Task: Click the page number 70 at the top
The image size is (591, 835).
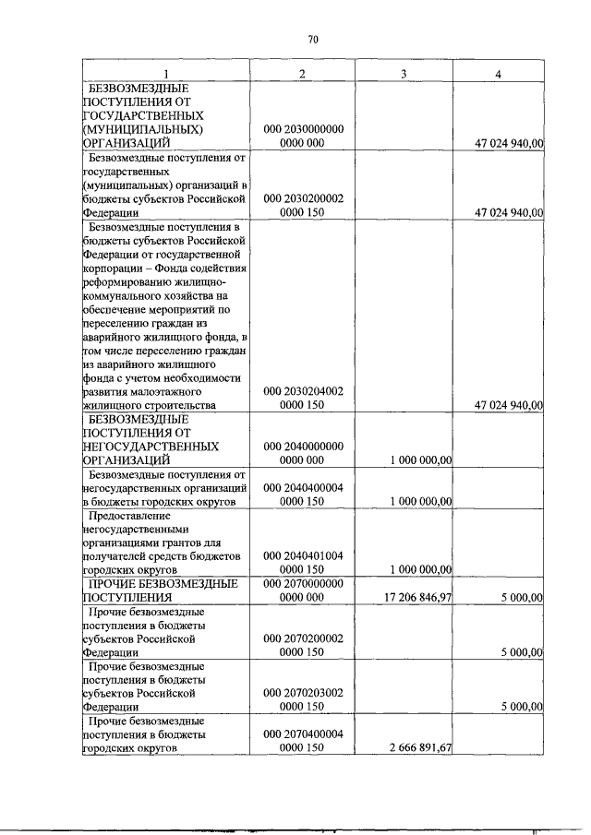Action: coord(312,39)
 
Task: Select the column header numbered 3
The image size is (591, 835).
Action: coord(404,74)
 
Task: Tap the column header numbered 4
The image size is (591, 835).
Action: coord(498,74)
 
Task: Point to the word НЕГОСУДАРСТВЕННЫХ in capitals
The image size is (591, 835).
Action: coord(151,446)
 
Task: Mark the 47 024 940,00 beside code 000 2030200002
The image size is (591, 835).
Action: coord(509,212)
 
